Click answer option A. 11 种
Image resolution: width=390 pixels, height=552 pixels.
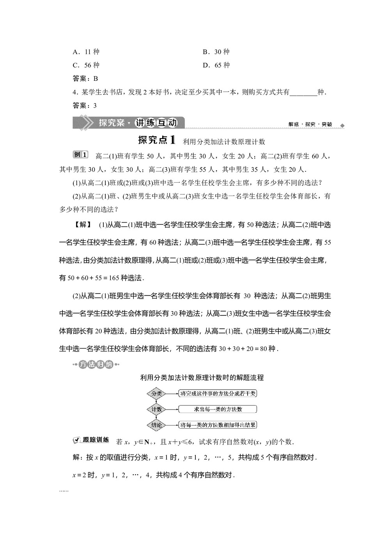[x=86, y=52]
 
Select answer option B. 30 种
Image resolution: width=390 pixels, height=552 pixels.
[x=216, y=52]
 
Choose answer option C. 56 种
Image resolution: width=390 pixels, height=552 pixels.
[x=86, y=65]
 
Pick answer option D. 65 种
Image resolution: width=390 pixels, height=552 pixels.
[x=216, y=65]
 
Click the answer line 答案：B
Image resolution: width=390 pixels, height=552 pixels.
[x=85, y=78]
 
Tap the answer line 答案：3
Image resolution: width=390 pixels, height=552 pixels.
[x=85, y=105]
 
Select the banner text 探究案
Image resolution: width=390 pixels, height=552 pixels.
[x=111, y=123]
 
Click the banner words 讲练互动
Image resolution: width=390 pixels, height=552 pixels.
[x=156, y=123]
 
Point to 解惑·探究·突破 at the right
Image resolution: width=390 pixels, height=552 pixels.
[x=310, y=124]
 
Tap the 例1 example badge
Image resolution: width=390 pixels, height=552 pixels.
[x=81, y=155]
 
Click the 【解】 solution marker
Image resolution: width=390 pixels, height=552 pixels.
[x=83, y=224]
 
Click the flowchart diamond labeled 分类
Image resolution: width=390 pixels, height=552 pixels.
[x=156, y=394]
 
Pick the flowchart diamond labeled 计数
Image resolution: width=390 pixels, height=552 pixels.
[x=156, y=409]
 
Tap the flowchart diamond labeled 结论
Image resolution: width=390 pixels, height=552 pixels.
[x=156, y=425]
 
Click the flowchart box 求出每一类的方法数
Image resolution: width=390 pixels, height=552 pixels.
[x=218, y=409]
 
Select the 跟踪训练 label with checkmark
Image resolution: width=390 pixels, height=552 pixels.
[x=92, y=440]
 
